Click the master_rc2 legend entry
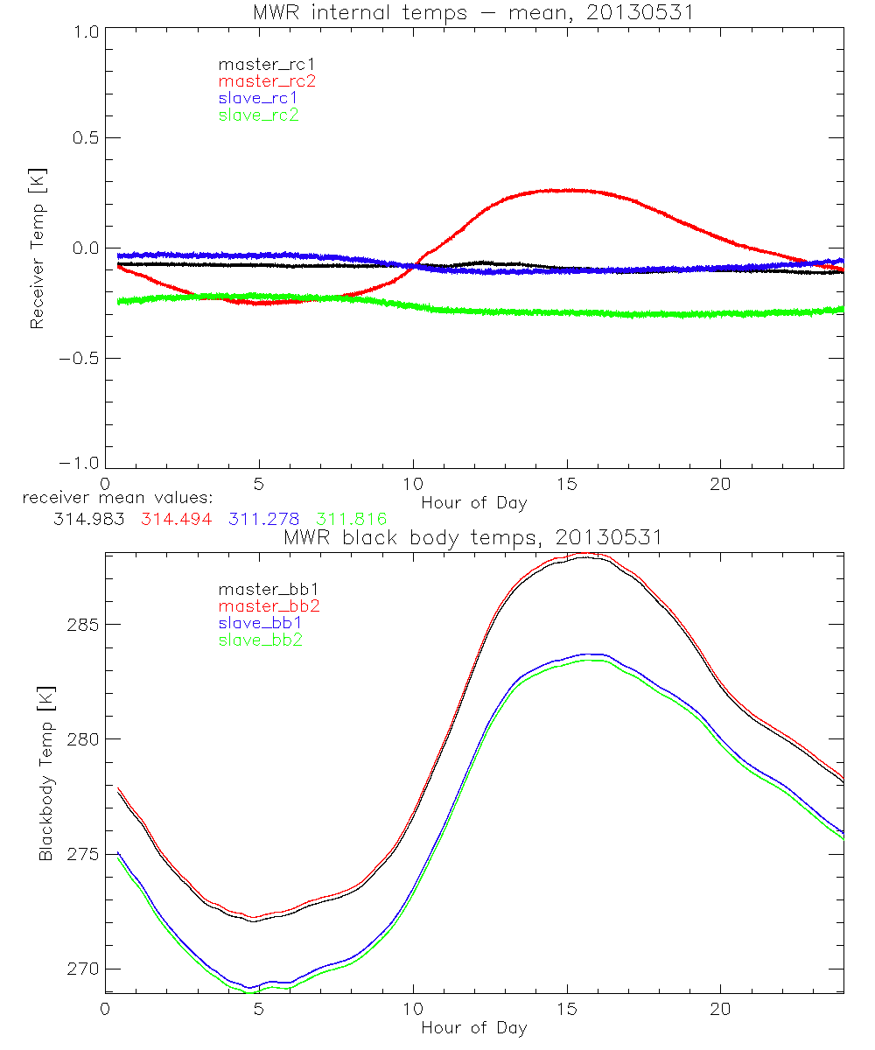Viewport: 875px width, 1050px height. (x=267, y=81)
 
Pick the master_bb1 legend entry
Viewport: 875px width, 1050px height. (x=267, y=589)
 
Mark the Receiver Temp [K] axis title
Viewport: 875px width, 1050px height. (x=37, y=248)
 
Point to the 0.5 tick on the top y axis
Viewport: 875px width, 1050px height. (x=83, y=138)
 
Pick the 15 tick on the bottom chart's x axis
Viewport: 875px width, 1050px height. (x=566, y=1009)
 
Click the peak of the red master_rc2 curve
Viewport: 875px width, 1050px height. (x=569, y=190)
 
